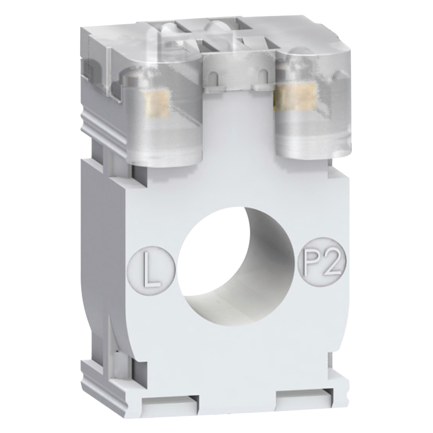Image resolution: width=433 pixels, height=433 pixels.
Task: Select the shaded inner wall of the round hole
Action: [x=260, y=277]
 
